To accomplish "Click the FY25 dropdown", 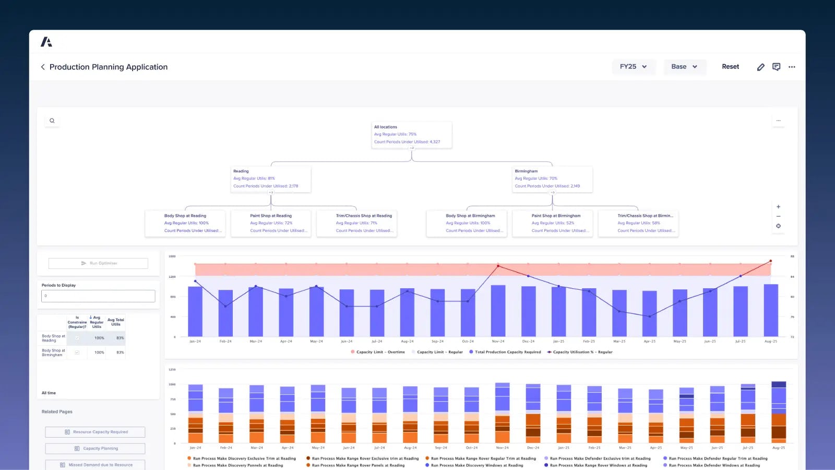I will click(x=633, y=67).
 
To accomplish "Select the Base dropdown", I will click(x=684, y=67).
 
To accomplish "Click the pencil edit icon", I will click(x=761, y=67).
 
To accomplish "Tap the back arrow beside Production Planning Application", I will click(x=43, y=67).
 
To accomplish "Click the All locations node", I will click(x=411, y=135).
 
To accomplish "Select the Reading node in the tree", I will click(x=271, y=179).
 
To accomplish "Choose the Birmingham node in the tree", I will click(x=552, y=179).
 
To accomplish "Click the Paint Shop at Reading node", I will click(x=271, y=223).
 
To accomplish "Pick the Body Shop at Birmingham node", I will click(x=467, y=223).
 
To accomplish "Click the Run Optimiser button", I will click(x=98, y=263).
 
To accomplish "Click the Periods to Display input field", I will click(x=98, y=296).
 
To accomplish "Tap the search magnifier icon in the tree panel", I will click(x=52, y=121).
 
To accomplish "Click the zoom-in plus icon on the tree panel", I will click(x=778, y=207).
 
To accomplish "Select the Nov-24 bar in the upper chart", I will click(x=498, y=311).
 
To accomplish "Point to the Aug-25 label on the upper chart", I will click(x=771, y=342).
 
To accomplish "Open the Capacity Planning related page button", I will click(x=96, y=449).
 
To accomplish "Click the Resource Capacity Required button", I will click(x=96, y=432).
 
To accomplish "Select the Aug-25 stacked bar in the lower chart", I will click(x=779, y=413).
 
